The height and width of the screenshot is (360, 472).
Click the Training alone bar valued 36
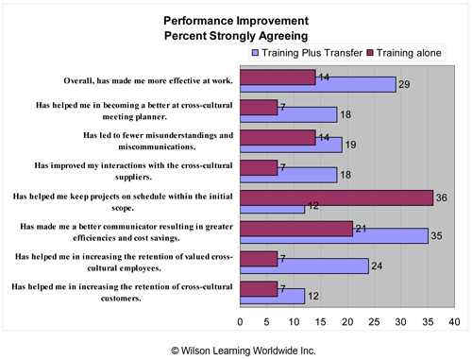point(337,197)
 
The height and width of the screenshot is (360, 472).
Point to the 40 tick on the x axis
point(455,321)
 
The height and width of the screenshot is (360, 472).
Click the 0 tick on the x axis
point(241,321)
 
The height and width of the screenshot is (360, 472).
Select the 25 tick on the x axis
point(375,321)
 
